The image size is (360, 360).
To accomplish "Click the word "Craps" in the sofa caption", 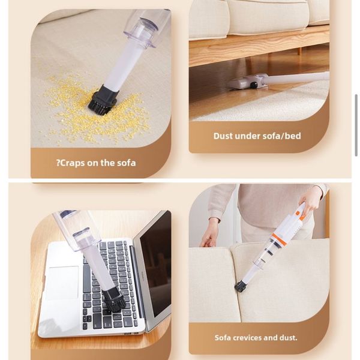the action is [x=73, y=163].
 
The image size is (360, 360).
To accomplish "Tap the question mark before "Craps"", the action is [x=58, y=163].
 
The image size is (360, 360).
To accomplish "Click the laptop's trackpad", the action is [x=62, y=283].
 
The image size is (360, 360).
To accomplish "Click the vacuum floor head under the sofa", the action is [x=248, y=82].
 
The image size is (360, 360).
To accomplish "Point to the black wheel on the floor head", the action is [x=254, y=85].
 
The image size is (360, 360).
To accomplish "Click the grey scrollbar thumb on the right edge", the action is [x=356, y=125].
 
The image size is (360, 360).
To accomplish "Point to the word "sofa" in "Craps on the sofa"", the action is [x=127, y=163].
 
